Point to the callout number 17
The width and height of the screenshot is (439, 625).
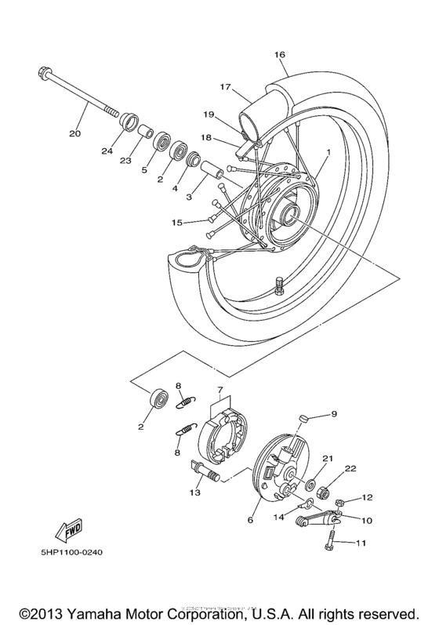(x=225, y=87)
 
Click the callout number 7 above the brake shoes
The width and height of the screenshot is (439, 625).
(x=221, y=390)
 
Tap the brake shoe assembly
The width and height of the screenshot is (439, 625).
(x=224, y=433)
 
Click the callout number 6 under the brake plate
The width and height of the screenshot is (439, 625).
(x=250, y=520)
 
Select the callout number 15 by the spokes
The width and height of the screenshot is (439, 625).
(x=178, y=223)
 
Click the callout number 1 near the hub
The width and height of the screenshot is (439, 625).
(x=328, y=151)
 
